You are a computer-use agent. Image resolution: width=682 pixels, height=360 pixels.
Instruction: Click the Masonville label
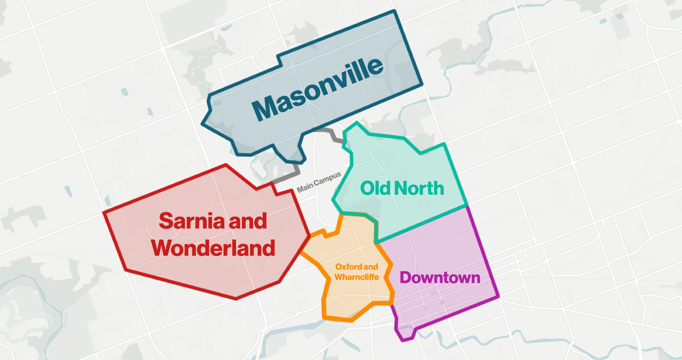[317, 89]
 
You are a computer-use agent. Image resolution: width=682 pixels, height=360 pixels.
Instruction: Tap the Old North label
[402, 188]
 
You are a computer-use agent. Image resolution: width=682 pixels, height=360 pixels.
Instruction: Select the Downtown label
[440, 277]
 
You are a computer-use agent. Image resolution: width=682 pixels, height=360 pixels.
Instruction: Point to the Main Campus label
[319, 182]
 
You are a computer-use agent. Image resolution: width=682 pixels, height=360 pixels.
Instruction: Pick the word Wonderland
[213, 248]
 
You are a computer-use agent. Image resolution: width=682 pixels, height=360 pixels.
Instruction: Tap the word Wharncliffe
[356, 277]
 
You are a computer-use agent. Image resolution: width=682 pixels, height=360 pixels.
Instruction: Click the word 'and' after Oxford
[371, 267]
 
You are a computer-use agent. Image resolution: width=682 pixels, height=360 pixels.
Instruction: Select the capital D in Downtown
[406, 277]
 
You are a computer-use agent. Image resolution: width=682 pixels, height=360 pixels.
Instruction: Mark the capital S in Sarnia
[166, 221]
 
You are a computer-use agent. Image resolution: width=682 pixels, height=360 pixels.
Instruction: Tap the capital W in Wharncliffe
[339, 277]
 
